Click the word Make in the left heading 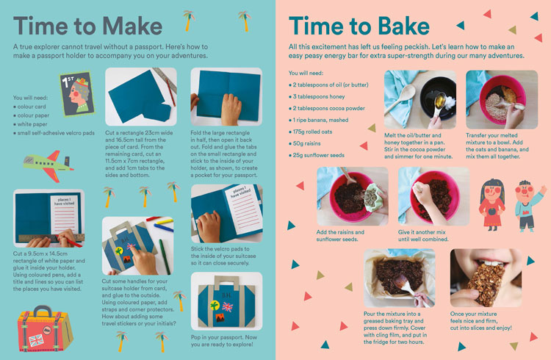pos(132,26)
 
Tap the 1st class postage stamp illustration pos(77,94)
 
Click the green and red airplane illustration pos(48,166)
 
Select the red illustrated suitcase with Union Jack pos(45,328)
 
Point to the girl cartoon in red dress pos(491,204)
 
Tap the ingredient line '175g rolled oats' pos(310,132)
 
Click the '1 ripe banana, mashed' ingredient pos(318,120)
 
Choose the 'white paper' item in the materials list pos(30,124)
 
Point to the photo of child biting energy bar pos(486,278)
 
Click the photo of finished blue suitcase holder pos(227,301)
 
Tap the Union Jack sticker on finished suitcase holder pos(227,307)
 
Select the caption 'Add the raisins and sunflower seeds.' pos(340,236)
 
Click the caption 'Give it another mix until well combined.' pos(423,236)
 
